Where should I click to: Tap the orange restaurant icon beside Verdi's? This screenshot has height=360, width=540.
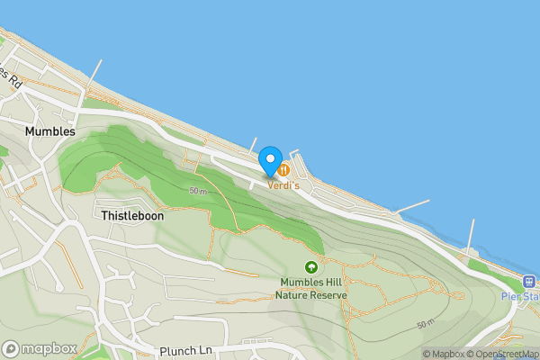coord(283,168)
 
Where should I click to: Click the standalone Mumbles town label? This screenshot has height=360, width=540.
coord(49,130)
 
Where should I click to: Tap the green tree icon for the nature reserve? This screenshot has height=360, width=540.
coord(311,267)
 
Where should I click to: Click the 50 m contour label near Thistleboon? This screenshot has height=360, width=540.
coord(198,191)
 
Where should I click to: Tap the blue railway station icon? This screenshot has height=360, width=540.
coord(529,280)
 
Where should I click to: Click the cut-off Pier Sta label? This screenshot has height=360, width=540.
coord(520,296)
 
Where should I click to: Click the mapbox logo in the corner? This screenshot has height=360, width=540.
coord(40,348)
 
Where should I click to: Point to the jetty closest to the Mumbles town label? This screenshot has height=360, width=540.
coord(94,74)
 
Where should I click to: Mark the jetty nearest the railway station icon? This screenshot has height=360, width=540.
coord(470,237)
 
